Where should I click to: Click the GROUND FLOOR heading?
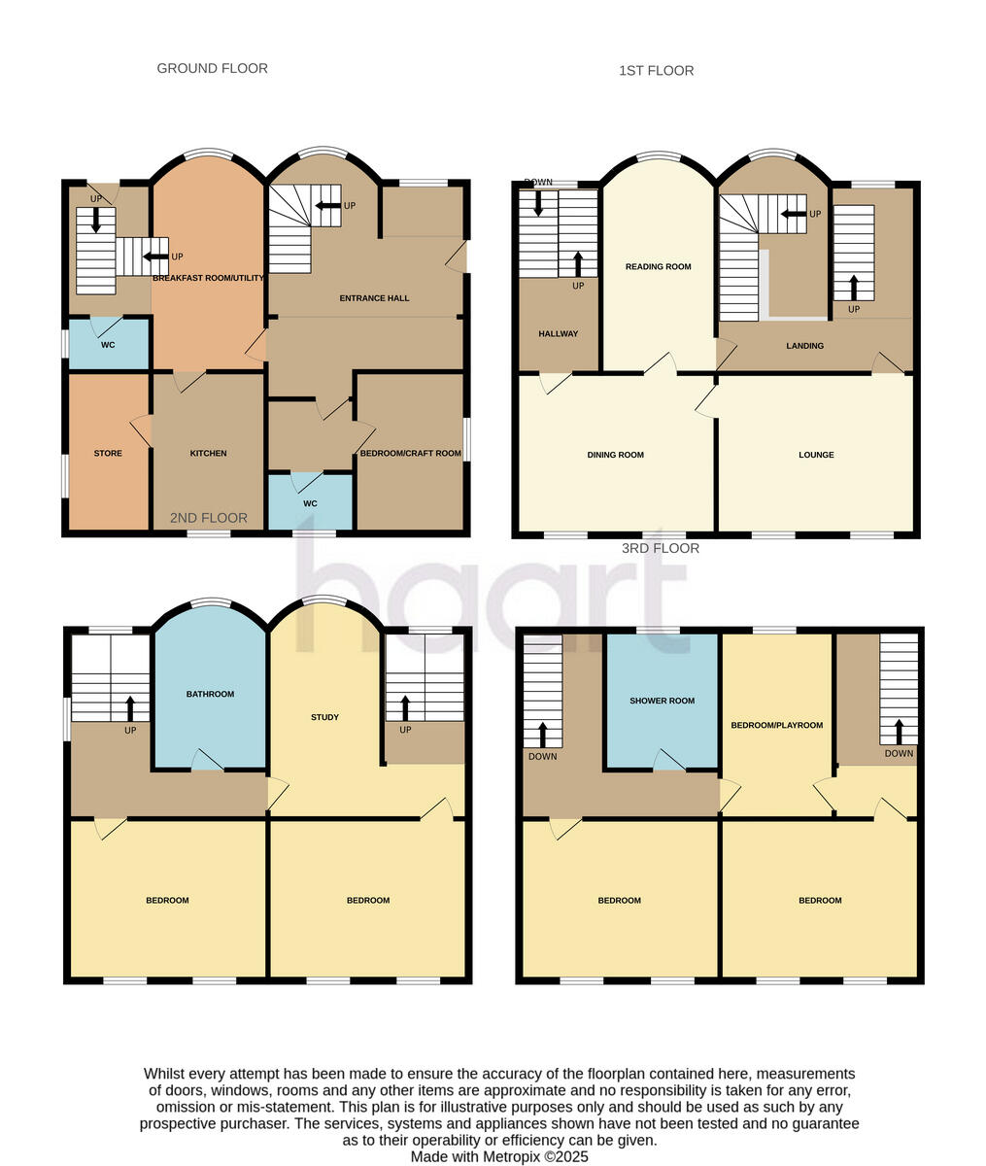coord(212,68)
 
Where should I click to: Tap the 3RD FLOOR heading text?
coord(660,548)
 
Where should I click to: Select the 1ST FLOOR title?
coord(656,70)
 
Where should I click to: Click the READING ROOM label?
coord(658,266)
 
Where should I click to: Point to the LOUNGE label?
coord(816,455)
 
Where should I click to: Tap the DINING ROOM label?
coord(615,455)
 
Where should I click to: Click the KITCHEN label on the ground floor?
coord(208,453)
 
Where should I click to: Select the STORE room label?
coord(108,453)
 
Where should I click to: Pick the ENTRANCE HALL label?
coord(374,298)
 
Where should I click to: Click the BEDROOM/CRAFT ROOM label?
coord(410,453)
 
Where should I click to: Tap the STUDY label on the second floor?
coord(324,717)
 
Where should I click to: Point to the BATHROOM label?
coord(210,694)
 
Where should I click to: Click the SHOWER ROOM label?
coord(662,701)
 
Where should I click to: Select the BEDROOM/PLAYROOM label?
coord(776,725)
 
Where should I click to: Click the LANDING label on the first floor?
coord(804,346)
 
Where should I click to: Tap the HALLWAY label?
coord(558,334)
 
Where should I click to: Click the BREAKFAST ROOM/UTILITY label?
coord(208,278)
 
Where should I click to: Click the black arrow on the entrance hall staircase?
coord(328,205)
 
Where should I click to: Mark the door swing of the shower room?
coord(668,759)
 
